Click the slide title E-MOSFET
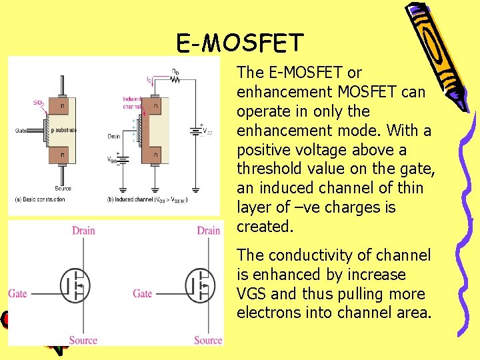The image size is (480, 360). click(x=240, y=43)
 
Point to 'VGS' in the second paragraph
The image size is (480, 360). click(x=253, y=294)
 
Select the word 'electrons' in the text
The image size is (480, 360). click(x=267, y=313)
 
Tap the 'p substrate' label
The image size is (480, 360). click(x=64, y=131)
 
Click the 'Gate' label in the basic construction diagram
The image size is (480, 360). click(x=22, y=131)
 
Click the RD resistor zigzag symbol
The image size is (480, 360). click(x=175, y=77)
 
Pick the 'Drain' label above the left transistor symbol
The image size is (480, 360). click(x=83, y=231)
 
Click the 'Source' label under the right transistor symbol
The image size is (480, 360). click(x=208, y=340)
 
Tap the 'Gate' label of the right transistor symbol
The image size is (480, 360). click(x=143, y=293)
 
